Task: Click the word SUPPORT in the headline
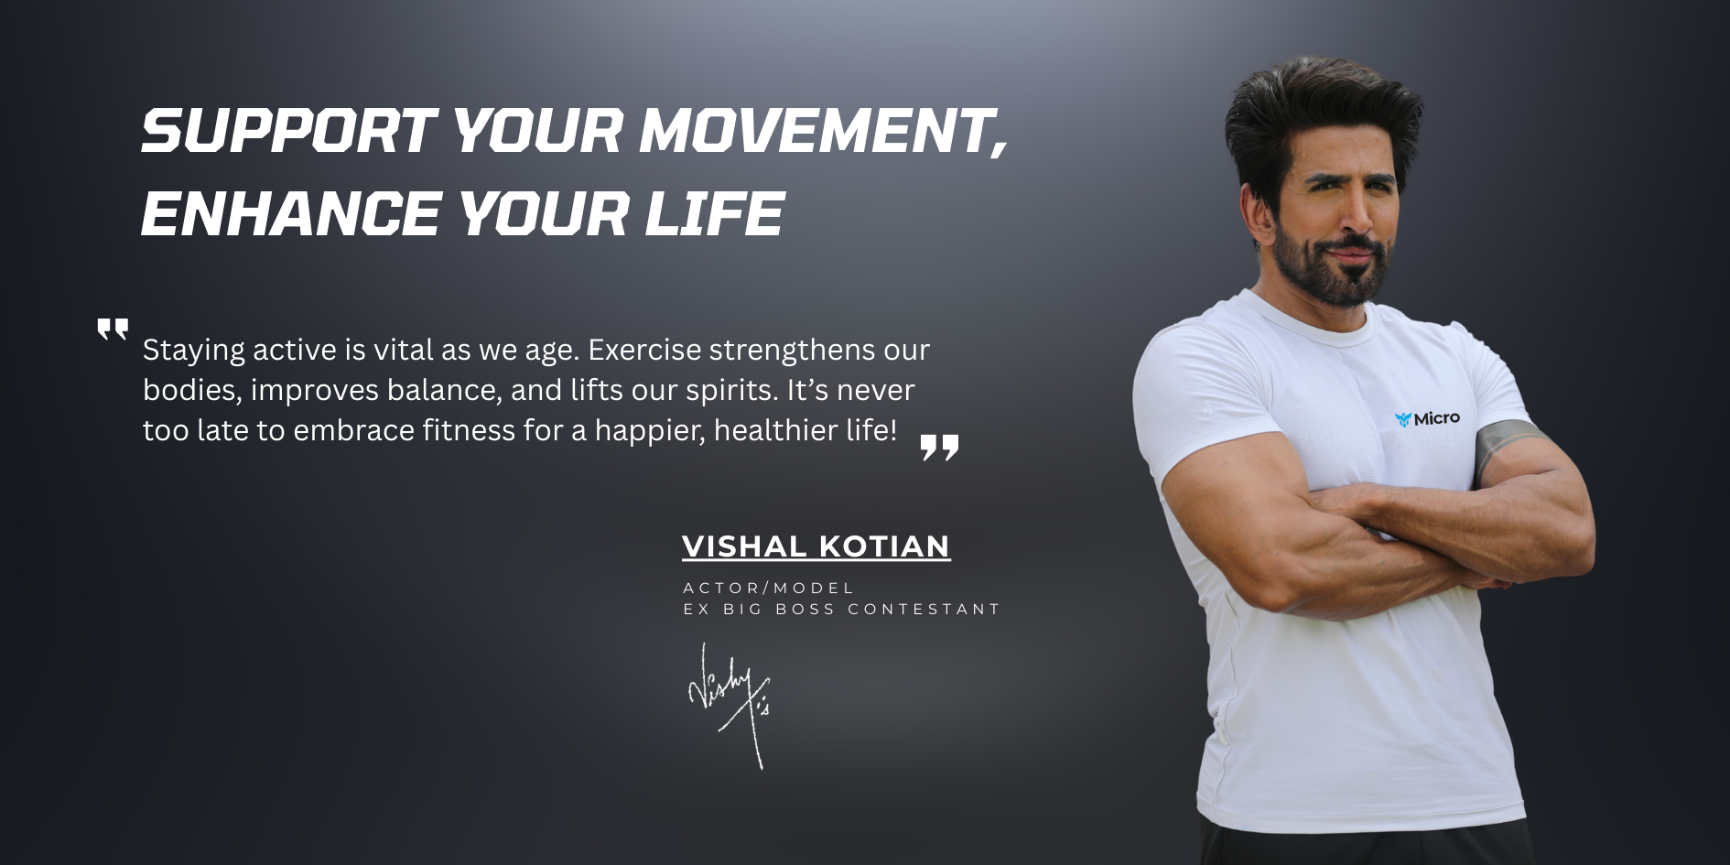click(x=288, y=130)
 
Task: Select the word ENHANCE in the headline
click(x=292, y=213)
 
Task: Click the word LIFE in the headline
click(x=715, y=213)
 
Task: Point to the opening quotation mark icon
click(x=113, y=330)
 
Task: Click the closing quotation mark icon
click(x=939, y=447)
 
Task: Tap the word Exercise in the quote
click(x=644, y=350)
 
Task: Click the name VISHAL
click(x=744, y=546)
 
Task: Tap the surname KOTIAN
click(x=885, y=546)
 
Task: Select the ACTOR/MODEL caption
click(x=769, y=588)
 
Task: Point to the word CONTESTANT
click(x=924, y=609)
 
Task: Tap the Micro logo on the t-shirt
click(x=1427, y=418)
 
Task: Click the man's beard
click(x=1332, y=265)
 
